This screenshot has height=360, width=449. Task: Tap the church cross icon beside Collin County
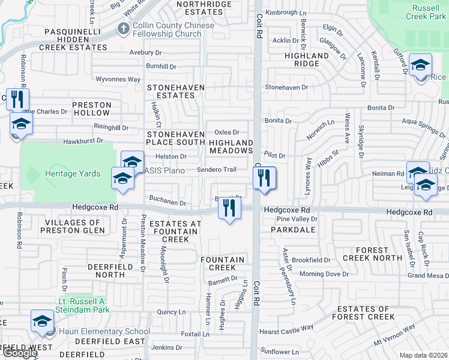coord(124,28)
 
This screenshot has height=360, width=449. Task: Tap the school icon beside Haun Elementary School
coord(43,322)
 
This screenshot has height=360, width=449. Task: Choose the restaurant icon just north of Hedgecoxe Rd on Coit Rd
coord(264,178)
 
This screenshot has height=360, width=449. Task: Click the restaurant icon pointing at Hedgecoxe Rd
coord(228,208)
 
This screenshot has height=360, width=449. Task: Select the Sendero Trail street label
coord(217,170)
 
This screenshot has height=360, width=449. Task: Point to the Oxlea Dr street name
coord(227,133)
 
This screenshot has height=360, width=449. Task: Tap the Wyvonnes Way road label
coord(118,79)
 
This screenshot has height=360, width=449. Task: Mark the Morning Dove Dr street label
coord(324,274)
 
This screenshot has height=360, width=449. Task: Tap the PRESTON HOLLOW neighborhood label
coord(92,109)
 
